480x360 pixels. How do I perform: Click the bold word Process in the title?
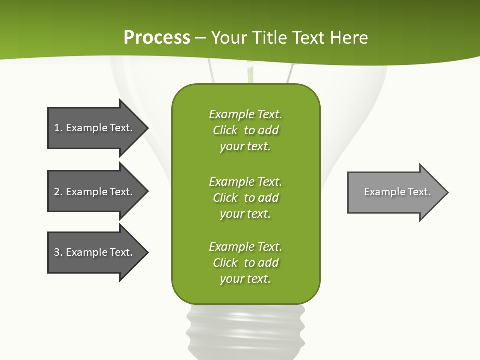(157, 38)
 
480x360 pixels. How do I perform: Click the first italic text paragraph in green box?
(245, 130)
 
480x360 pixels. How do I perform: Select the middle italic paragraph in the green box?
(245, 197)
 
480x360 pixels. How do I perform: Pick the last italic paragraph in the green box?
(245, 262)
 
